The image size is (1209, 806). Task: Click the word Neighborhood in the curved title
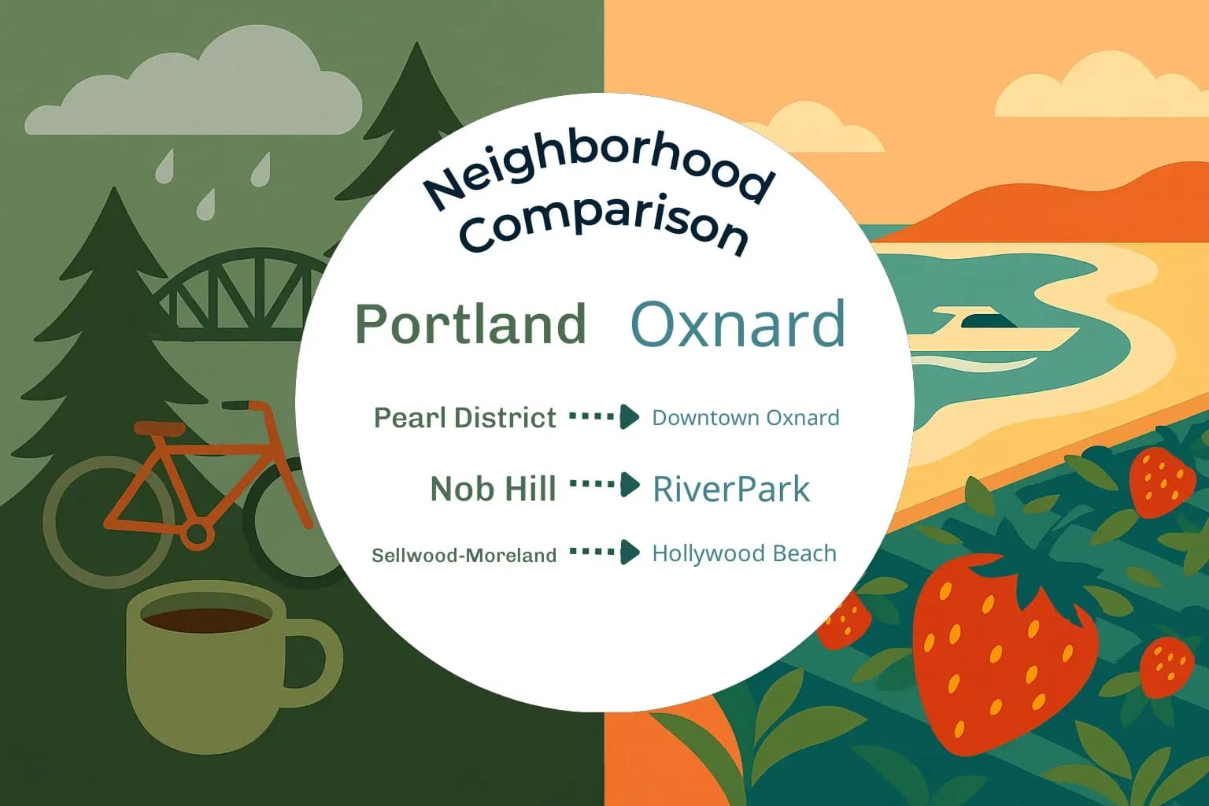tap(598, 169)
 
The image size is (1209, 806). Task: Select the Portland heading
tap(471, 324)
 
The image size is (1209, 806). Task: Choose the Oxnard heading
tap(738, 324)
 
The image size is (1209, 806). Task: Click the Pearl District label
tap(464, 418)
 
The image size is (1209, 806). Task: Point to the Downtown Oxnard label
tap(745, 418)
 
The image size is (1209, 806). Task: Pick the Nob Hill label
tap(493, 489)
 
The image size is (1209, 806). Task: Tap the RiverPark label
tap(730, 489)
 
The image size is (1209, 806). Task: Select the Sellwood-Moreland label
tap(464, 556)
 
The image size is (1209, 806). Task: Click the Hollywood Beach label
tap(744, 553)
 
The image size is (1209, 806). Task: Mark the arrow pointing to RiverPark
tap(604, 485)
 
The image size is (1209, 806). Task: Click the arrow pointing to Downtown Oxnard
tap(604, 416)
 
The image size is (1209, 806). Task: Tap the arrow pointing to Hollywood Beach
tap(604, 552)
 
